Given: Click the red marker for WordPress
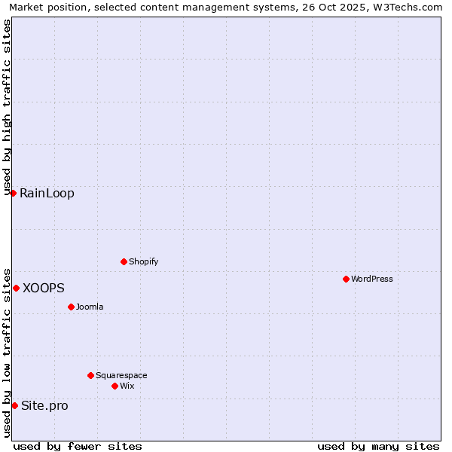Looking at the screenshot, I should click(x=346, y=279).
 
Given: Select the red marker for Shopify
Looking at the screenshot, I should click(x=124, y=261).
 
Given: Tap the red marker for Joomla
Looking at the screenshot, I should click(x=71, y=307).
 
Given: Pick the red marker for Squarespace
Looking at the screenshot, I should click(x=90, y=375).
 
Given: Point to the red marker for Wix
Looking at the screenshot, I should click(x=115, y=386).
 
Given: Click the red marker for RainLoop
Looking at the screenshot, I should click(x=13, y=193).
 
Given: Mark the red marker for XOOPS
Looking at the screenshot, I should click(x=16, y=288).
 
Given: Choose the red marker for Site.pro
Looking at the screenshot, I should click(x=14, y=405).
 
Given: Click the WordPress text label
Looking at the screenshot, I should click(x=372, y=279).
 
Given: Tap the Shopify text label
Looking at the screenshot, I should click(x=143, y=261).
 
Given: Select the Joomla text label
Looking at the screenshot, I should click(x=90, y=307).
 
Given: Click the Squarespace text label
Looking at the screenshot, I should click(x=121, y=375).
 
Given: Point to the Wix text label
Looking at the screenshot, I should click(x=127, y=386).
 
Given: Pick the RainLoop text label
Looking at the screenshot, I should click(x=47, y=193).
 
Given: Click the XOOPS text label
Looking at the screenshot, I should click(x=44, y=288).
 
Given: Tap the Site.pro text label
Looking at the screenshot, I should click(x=44, y=405).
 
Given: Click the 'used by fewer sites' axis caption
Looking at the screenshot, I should click(x=78, y=446).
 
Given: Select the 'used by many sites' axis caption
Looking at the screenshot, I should click(x=378, y=446).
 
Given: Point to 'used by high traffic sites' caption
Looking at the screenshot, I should click(x=7, y=105).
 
